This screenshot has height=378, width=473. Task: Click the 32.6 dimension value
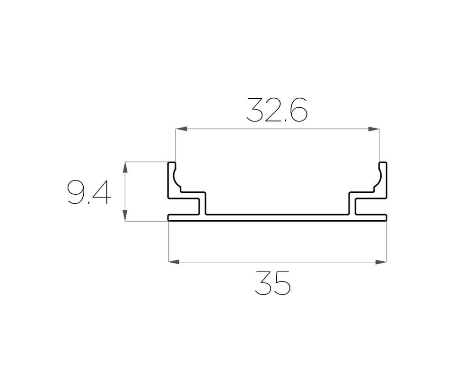coord(277,110)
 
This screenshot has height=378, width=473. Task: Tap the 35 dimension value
coord(273,283)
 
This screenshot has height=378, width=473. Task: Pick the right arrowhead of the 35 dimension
coord(381,261)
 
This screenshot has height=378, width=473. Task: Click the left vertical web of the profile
coord(204,204)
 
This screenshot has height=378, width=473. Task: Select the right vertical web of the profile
coord(352,204)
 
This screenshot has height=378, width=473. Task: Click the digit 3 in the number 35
coord(263,283)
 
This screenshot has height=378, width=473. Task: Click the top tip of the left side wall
coord(172,163)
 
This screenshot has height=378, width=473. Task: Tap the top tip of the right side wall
coord(384,163)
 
